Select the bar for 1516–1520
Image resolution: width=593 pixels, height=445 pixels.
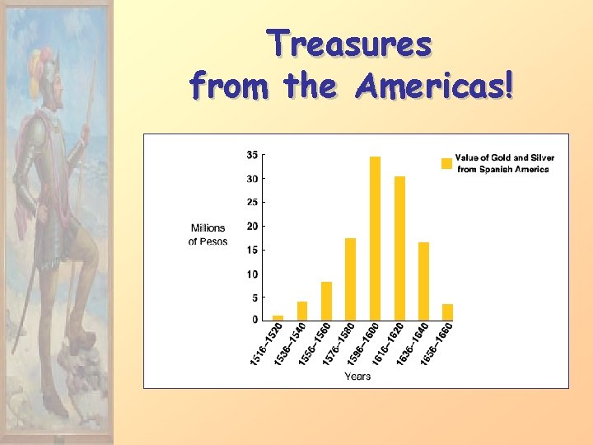[278, 317]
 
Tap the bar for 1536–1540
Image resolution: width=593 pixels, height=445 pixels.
[302, 311]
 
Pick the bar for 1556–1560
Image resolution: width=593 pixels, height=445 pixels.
[326, 301]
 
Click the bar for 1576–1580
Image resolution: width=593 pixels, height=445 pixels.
[350, 279]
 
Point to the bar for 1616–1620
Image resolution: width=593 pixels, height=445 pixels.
[399, 247]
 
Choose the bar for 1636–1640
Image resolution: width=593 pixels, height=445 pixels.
[423, 281]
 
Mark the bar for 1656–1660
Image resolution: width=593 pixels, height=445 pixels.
[447, 311]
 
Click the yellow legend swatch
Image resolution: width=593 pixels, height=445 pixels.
[446, 163]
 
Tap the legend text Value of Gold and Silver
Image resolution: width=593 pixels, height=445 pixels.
[504, 157]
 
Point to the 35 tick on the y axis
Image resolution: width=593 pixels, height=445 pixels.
[251, 154]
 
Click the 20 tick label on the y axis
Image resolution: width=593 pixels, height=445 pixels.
[251, 226]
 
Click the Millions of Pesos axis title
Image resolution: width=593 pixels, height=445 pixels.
[208, 234]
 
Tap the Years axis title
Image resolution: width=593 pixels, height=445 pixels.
[357, 377]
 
